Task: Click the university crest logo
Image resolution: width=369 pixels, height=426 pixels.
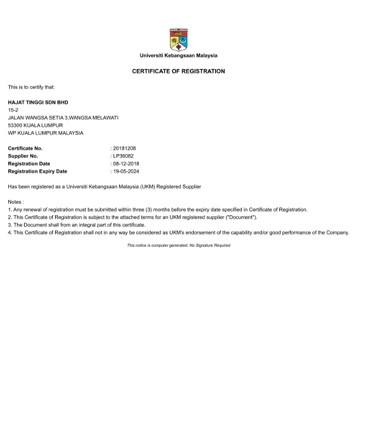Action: (178, 39)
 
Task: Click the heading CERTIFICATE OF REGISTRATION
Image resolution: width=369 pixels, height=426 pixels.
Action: (178, 71)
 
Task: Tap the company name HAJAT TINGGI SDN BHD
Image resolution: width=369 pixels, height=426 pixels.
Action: (38, 103)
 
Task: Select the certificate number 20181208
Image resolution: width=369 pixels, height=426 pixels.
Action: (124, 148)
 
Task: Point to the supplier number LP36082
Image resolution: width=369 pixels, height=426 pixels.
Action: (124, 156)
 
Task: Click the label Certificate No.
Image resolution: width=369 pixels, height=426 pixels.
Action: (25, 148)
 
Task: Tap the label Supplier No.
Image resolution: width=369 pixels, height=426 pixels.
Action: (23, 156)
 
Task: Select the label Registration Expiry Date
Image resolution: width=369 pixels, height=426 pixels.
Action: (37, 171)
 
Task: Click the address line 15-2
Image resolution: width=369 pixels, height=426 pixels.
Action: (13, 110)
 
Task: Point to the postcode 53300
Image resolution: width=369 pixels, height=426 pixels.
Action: (15, 125)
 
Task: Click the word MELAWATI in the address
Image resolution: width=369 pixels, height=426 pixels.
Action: (104, 118)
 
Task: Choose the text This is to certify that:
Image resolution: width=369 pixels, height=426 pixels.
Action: (31, 87)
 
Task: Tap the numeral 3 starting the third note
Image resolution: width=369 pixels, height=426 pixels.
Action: (9, 225)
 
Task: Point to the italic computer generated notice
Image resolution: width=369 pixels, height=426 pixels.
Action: (178, 246)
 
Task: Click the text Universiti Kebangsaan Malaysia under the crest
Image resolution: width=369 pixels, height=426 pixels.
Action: (178, 56)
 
